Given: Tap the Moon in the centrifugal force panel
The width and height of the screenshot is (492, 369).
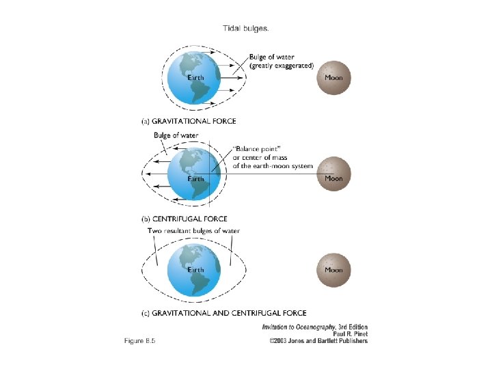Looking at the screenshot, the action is coord(333,174).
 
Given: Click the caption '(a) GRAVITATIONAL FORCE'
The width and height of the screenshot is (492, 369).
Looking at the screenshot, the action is coord(189,121).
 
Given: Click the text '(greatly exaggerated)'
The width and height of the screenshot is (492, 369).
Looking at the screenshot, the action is coord(282,66).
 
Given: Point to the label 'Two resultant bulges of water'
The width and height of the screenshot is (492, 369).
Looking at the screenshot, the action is coord(194,231).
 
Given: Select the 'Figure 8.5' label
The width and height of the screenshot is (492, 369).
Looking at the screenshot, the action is coord(140,341).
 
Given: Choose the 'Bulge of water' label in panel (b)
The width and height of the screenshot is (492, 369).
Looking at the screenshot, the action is coord(176,135).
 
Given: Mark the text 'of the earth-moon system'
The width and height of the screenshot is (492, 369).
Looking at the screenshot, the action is coord(273,165).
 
